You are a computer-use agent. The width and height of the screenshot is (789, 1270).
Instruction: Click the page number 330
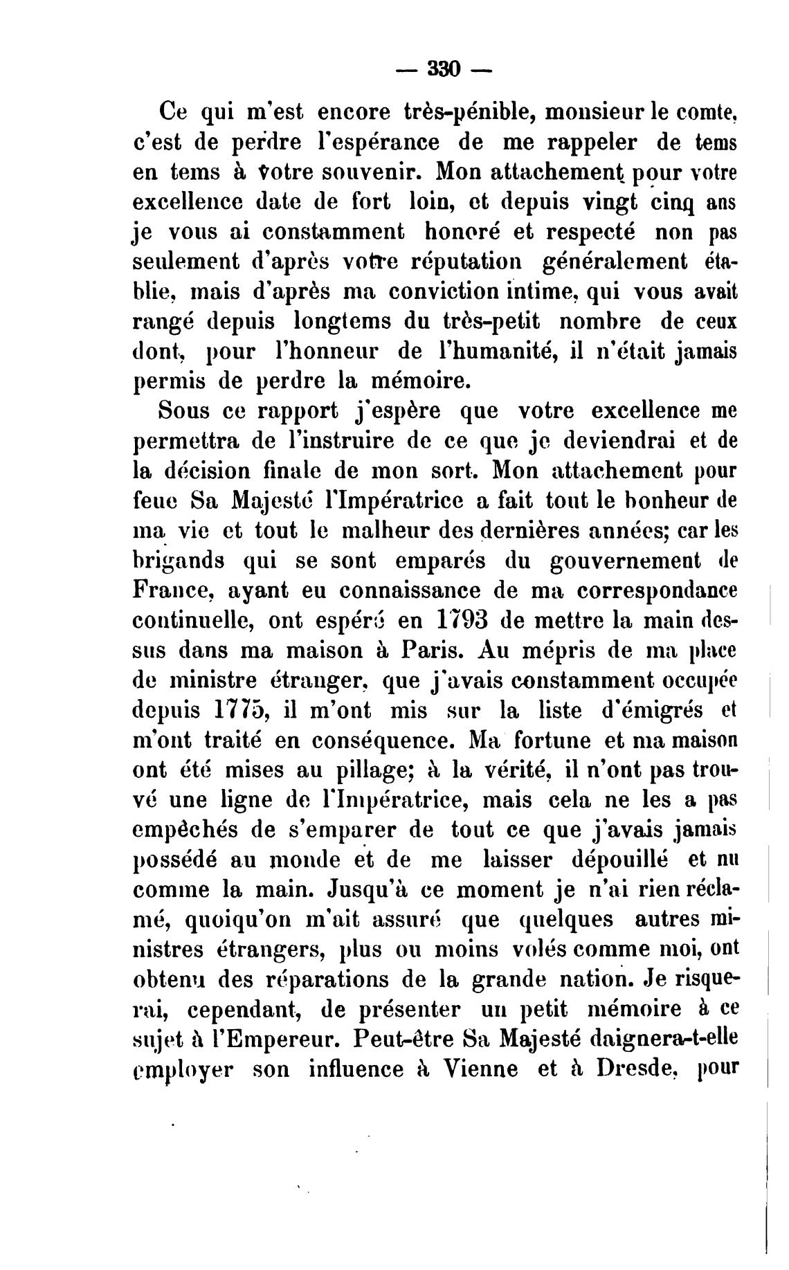444,69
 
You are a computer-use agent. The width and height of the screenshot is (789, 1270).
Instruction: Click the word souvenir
370,170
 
